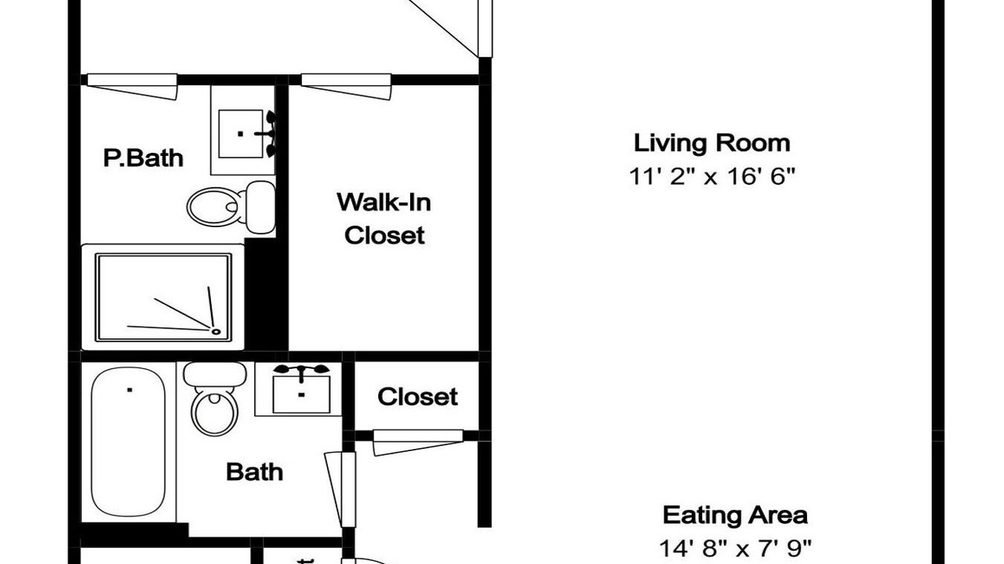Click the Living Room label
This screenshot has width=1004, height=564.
[711, 143]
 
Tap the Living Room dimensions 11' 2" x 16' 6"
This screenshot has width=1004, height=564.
[711, 176]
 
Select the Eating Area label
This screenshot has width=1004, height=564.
[735, 515]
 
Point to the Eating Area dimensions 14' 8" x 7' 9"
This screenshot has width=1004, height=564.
[735, 548]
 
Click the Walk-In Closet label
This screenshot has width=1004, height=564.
[384, 219]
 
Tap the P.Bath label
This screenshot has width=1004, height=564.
[144, 158]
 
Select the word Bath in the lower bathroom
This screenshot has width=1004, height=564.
[255, 472]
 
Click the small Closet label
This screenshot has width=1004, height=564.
[417, 396]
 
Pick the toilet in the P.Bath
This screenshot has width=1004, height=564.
[231, 208]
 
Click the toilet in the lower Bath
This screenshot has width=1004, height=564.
[215, 398]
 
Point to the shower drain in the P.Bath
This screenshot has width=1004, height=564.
[216, 331]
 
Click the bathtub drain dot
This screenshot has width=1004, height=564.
[129, 390]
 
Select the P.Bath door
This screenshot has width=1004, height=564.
[133, 87]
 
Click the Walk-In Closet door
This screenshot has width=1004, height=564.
[347, 87]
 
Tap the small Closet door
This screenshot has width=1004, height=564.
[418, 443]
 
